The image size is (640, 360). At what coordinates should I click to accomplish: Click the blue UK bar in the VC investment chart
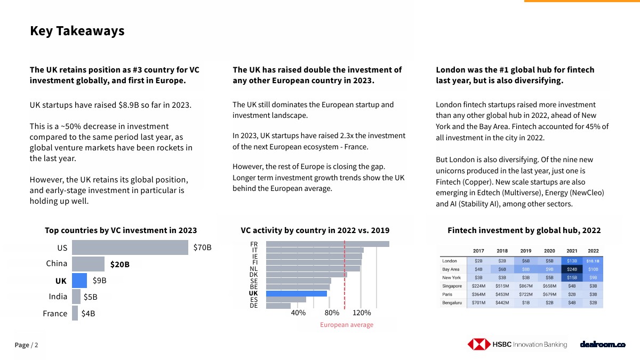pos(79,280)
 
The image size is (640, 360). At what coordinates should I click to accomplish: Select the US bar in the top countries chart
pos(130,247)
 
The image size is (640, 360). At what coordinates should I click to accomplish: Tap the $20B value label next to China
pos(120,264)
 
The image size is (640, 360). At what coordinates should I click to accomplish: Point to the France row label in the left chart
pos(55,314)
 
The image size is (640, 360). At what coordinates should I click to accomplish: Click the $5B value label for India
pos(90,297)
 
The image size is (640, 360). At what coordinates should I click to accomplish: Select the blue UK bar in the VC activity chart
pos(296,293)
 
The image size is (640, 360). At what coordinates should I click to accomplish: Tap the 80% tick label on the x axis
pos(332,313)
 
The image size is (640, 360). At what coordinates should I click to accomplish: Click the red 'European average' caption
pos(347,325)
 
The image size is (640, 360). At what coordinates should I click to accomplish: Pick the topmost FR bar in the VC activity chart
pos(327,244)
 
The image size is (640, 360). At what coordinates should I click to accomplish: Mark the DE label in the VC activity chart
pos(254,306)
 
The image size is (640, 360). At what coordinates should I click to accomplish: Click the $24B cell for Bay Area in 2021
pos(572,269)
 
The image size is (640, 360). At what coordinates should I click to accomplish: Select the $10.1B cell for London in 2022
pos(593,261)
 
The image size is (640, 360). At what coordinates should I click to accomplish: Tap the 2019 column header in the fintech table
pos(526,251)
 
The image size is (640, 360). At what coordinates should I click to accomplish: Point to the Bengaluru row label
pos(452,302)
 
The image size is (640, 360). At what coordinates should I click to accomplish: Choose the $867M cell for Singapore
pos(526,286)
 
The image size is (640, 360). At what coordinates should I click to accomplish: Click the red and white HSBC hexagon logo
pos(479,345)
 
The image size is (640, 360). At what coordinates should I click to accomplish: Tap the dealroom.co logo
pos(603,345)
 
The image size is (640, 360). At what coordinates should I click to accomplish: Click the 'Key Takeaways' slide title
pos(77,31)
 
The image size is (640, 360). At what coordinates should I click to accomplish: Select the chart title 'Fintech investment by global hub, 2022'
pos(524,230)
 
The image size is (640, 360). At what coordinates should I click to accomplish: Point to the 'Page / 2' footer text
pos(26,345)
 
